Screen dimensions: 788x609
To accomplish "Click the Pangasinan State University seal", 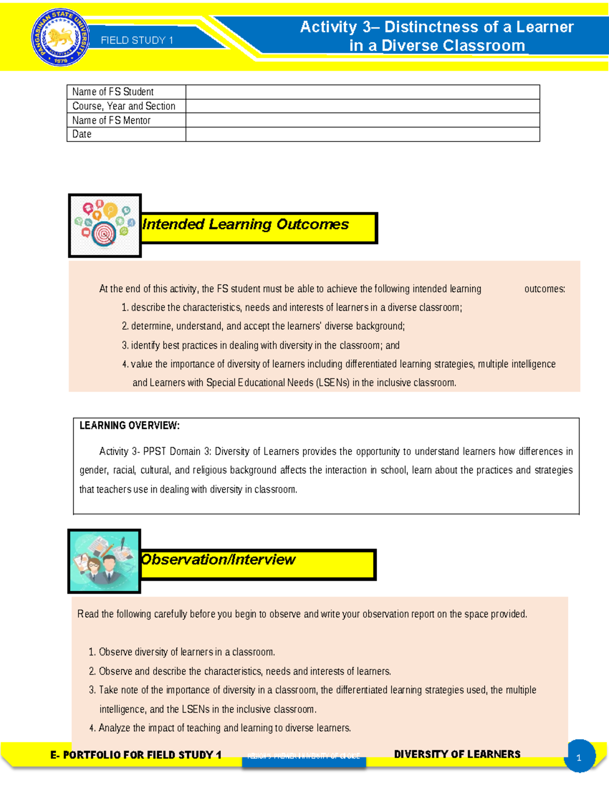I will pyautogui.click(x=60, y=38).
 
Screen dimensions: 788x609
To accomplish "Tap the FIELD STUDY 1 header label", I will pyautogui.click(x=137, y=41).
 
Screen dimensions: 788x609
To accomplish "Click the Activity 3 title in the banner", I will pyautogui.click(x=436, y=36).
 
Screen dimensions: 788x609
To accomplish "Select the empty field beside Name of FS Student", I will pyautogui.click(x=362, y=92).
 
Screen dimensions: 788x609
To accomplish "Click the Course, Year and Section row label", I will pyautogui.click(x=124, y=106).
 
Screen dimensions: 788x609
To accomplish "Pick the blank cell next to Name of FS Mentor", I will pyautogui.click(x=362, y=120).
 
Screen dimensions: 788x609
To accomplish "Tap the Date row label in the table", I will pyautogui.click(x=82, y=134).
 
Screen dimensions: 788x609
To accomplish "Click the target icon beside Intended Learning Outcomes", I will pyautogui.click(x=105, y=226).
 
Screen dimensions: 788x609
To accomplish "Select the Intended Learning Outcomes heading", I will pyautogui.click(x=246, y=224).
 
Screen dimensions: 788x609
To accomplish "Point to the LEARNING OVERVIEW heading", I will pyautogui.click(x=129, y=426).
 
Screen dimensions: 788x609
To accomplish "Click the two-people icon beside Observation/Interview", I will pyautogui.click(x=104, y=561).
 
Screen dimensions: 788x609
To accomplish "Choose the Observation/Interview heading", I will pyautogui.click(x=218, y=560).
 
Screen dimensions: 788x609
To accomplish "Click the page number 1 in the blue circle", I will pyautogui.click(x=579, y=758).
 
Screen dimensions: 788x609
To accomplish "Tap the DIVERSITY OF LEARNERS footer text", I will pyautogui.click(x=457, y=755).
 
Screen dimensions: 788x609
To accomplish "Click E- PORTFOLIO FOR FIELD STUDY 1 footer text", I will pyautogui.click(x=136, y=755).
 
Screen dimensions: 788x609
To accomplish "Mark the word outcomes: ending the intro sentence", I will pyautogui.click(x=545, y=289).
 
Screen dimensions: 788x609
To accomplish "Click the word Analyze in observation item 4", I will pyautogui.click(x=115, y=728).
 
